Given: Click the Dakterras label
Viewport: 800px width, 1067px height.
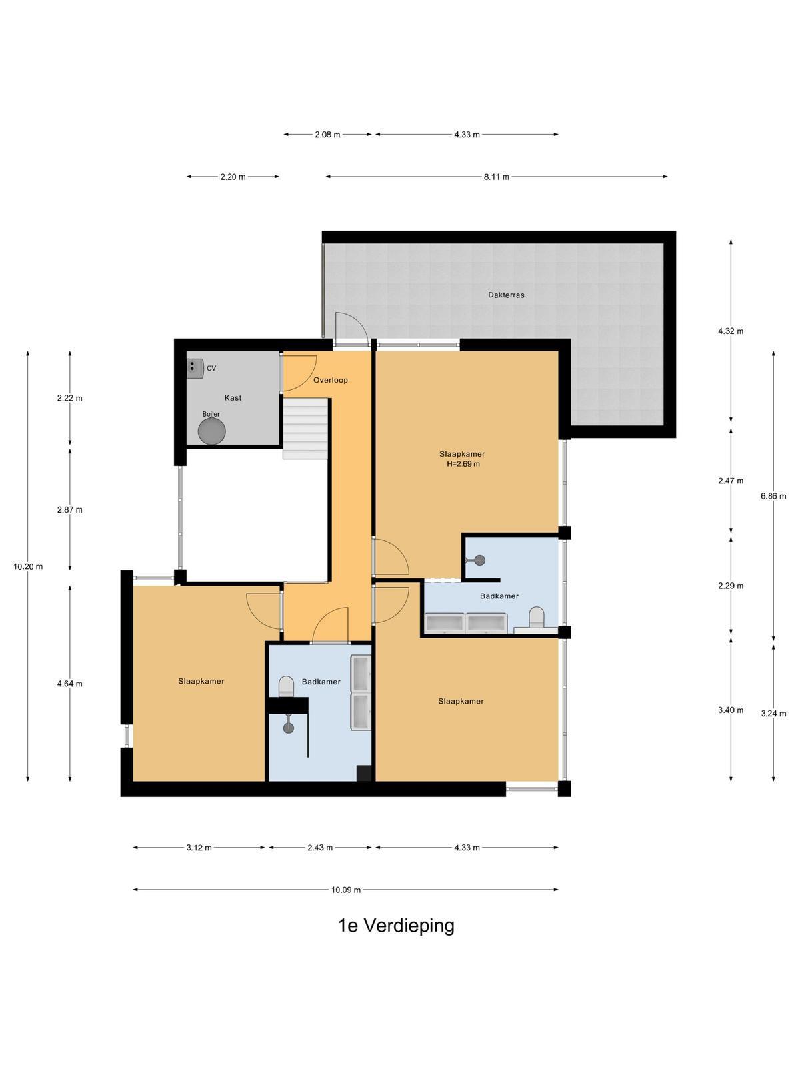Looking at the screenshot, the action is (505, 295).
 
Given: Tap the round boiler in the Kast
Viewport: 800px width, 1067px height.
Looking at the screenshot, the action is (212, 431).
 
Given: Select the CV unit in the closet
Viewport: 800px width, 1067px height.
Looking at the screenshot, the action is (195, 369).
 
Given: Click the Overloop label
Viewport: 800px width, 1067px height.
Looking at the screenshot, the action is (330, 380).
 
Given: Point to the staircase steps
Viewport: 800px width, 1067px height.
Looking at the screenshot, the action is (306, 428).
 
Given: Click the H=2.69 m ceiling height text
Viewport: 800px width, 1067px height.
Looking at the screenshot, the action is (463, 463).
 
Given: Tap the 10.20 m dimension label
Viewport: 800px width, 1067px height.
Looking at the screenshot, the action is (28, 566).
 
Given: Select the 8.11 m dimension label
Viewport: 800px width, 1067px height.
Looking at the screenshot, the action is (496, 177).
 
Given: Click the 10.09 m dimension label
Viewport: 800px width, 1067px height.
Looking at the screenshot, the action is (346, 890).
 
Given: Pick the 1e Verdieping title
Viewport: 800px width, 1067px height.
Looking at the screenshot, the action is (396, 925).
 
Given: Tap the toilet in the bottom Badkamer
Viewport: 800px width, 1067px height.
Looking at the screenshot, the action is (286, 686).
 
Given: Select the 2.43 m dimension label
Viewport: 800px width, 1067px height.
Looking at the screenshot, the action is (319, 848).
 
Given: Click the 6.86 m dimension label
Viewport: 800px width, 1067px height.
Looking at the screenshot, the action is (773, 496).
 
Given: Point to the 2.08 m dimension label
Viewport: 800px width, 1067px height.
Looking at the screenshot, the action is (327, 135).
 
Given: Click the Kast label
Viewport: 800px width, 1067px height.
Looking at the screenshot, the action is (233, 397).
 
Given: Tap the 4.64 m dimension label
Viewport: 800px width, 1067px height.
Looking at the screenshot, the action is (69, 684).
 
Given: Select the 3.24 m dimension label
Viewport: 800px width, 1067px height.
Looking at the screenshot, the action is (773, 714).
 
